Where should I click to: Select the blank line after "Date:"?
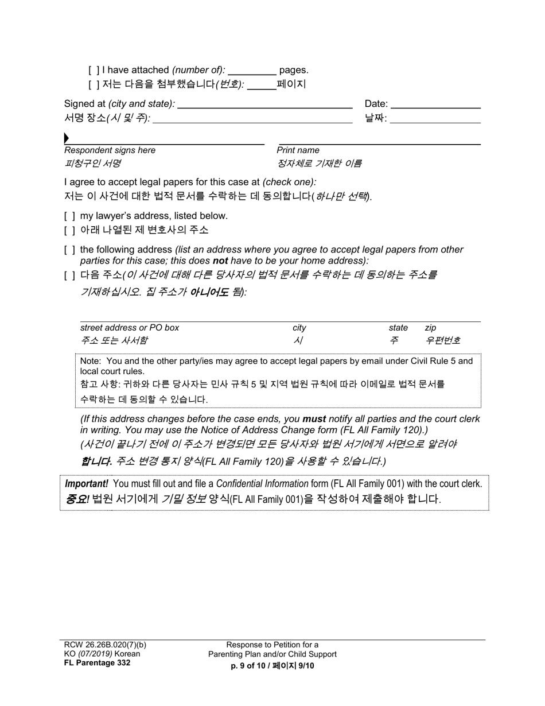tap(435, 104)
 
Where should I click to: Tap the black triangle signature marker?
tap(67, 138)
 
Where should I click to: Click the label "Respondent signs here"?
tap(110, 150)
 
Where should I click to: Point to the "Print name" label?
tap(298, 150)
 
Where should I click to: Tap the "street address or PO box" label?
tap(130, 328)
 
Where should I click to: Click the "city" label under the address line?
tap(299, 328)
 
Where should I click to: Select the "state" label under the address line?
tap(398, 328)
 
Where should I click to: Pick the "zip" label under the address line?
tap(430, 328)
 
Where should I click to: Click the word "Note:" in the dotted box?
tap(90, 361)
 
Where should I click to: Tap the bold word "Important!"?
tap(87, 484)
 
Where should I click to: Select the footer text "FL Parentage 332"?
tap(97, 663)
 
